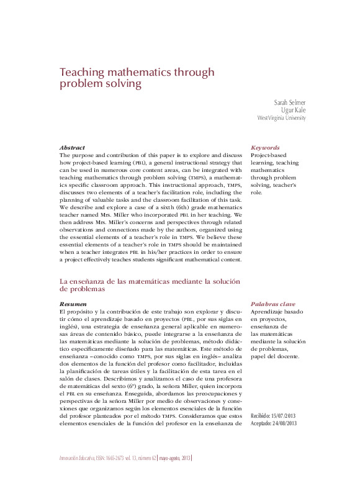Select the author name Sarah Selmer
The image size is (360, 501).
pos(290,102)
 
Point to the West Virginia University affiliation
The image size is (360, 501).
pos(282,118)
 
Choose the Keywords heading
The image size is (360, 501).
pos(265,148)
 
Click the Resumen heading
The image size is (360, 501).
pos(73,304)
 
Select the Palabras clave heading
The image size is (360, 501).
pos(273,304)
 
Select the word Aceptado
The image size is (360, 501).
pos(262,423)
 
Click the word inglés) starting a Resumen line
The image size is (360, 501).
pos(70,327)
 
